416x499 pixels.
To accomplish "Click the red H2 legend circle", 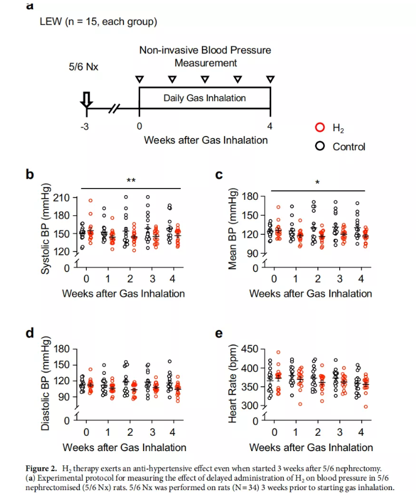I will click(x=320, y=128).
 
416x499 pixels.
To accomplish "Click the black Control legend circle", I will click(x=320, y=146).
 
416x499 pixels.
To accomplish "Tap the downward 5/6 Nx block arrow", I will click(x=86, y=101).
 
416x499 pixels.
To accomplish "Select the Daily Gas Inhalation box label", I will click(x=204, y=98).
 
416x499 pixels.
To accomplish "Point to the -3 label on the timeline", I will click(x=84, y=126).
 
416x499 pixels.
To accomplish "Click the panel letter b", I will click(x=28, y=174).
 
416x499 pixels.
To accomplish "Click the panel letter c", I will click(x=219, y=174).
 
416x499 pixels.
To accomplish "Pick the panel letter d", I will click(x=28, y=333).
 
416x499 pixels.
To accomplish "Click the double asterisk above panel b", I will click(x=131, y=181).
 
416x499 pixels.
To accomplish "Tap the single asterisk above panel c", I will click(x=317, y=183).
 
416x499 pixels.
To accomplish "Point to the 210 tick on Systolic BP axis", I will click(x=61, y=197).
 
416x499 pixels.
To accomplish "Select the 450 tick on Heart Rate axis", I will click(x=249, y=349).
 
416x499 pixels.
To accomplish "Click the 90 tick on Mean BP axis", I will click(x=252, y=254).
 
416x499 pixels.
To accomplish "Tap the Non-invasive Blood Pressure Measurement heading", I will click(x=205, y=56).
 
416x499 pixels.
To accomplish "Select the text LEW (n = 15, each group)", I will click(x=97, y=22).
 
